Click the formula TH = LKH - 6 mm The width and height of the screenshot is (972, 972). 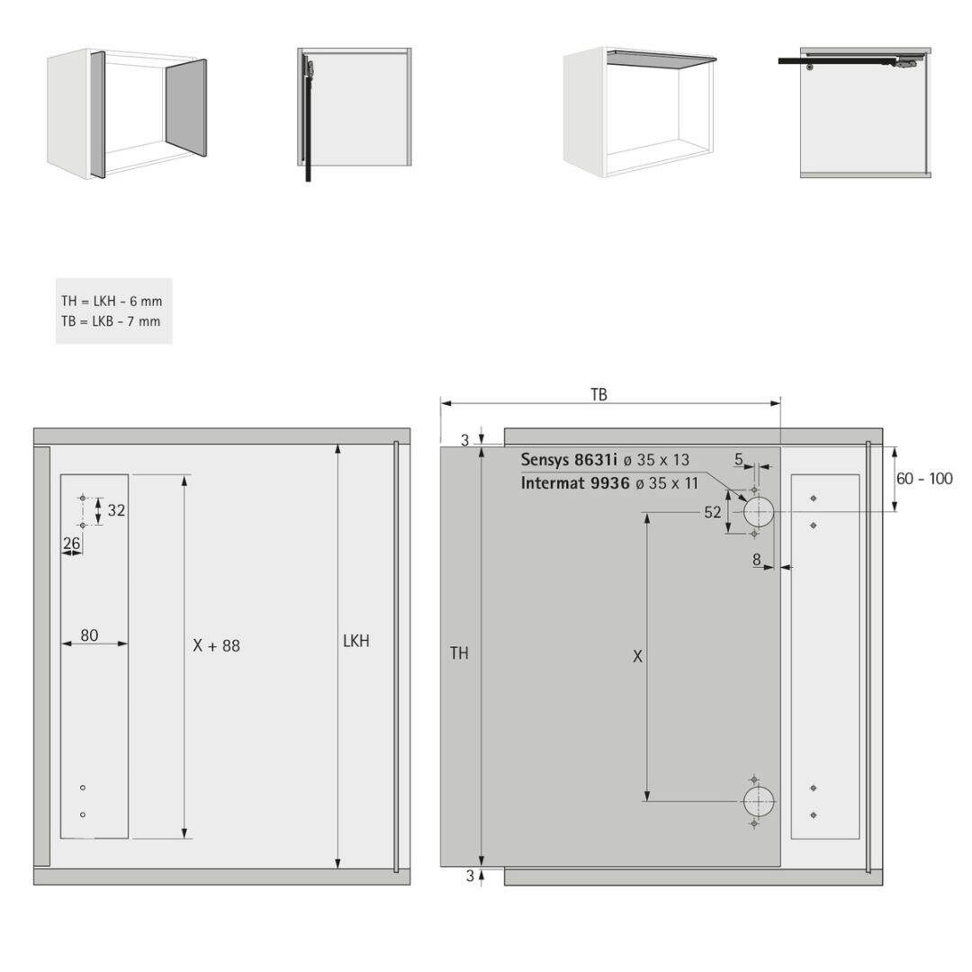click(112, 301)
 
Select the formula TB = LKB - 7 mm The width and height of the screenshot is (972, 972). click(111, 321)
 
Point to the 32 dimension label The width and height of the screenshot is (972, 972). click(116, 510)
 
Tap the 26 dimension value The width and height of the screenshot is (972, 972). click(72, 543)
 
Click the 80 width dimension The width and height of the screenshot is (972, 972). click(89, 635)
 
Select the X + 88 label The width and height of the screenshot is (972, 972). click(216, 646)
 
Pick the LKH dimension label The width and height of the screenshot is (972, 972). click(356, 641)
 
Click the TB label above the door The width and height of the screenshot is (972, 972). click(598, 395)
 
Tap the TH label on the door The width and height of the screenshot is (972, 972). click(459, 652)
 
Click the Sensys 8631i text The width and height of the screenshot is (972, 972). click(569, 460)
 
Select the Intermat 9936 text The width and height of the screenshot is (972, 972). click(575, 483)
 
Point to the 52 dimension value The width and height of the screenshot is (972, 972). click(713, 512)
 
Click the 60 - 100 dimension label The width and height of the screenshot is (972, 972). click(924, 479)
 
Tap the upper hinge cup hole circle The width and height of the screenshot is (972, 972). click(759, 512)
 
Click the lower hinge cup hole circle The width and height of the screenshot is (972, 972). click(759, 802)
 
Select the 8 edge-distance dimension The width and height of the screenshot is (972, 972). click(757, 560)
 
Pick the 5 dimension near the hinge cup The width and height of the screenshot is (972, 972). click(739, 459)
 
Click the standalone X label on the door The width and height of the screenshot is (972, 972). click(637, 656)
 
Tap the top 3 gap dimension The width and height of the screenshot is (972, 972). click(465, 441)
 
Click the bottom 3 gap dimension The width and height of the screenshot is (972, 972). click(470, 876)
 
